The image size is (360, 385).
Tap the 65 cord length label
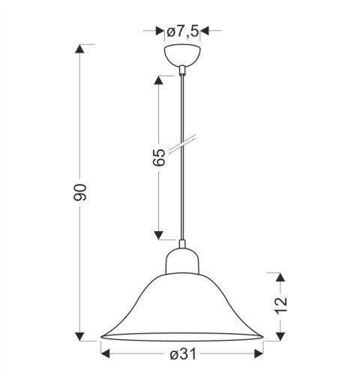coord(159,158)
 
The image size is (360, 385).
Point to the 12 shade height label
coord(280,304)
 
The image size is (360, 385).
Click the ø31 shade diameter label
coord(182,355)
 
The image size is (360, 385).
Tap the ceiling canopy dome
coord(182,56)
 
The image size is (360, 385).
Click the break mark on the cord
coord(182,145)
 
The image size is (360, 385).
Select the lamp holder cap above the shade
coord(182,260)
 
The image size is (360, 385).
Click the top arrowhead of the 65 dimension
coord(159,78)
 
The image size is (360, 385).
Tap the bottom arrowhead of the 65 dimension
coord(159,235)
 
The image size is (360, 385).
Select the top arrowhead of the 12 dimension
coord(280,276)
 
